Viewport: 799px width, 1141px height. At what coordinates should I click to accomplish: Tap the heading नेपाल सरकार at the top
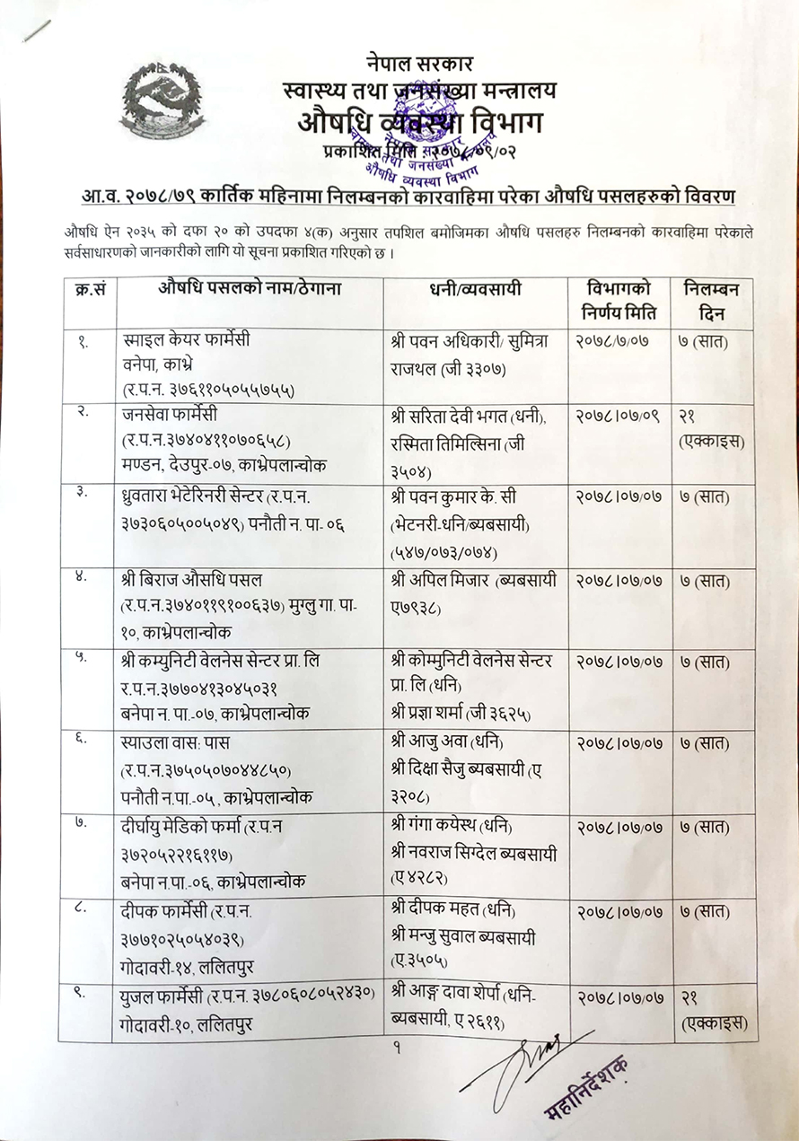pyautogui.click(x=419, y=64)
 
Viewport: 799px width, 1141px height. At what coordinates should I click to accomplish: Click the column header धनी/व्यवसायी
pyautogui.click(x=475, y=291)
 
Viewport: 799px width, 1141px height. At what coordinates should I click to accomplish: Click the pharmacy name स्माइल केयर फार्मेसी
pyautogui.click(x=186, y=342)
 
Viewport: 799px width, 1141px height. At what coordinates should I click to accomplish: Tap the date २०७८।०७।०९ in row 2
pyautogui.click(x=619, y=417)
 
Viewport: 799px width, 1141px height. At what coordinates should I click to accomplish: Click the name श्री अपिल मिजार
pyautogui.click(x=440, y=581)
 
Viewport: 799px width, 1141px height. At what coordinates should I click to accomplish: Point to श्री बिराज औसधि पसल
pyautogui.click(x=192, y=581)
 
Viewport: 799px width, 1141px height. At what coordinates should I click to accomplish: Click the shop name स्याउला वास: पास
pyautogui.click(x=175, y=744)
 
